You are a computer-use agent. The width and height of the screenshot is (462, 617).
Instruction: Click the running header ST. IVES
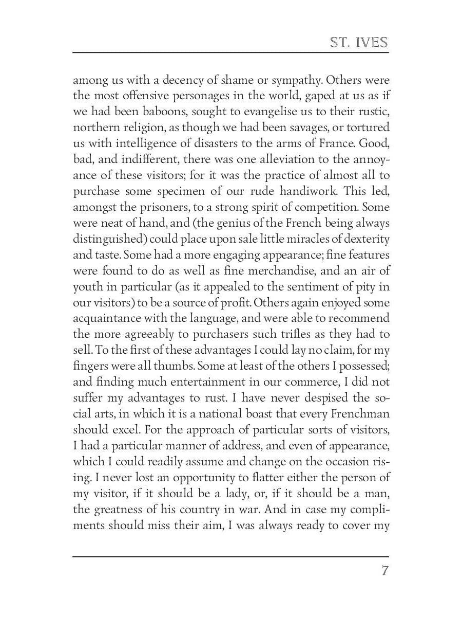pos(359,42)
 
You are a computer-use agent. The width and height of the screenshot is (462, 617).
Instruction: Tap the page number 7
pos(384,571)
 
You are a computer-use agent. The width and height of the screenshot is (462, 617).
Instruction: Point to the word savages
pos(299,128)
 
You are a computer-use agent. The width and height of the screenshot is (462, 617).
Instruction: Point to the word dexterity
pos(364,239)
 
